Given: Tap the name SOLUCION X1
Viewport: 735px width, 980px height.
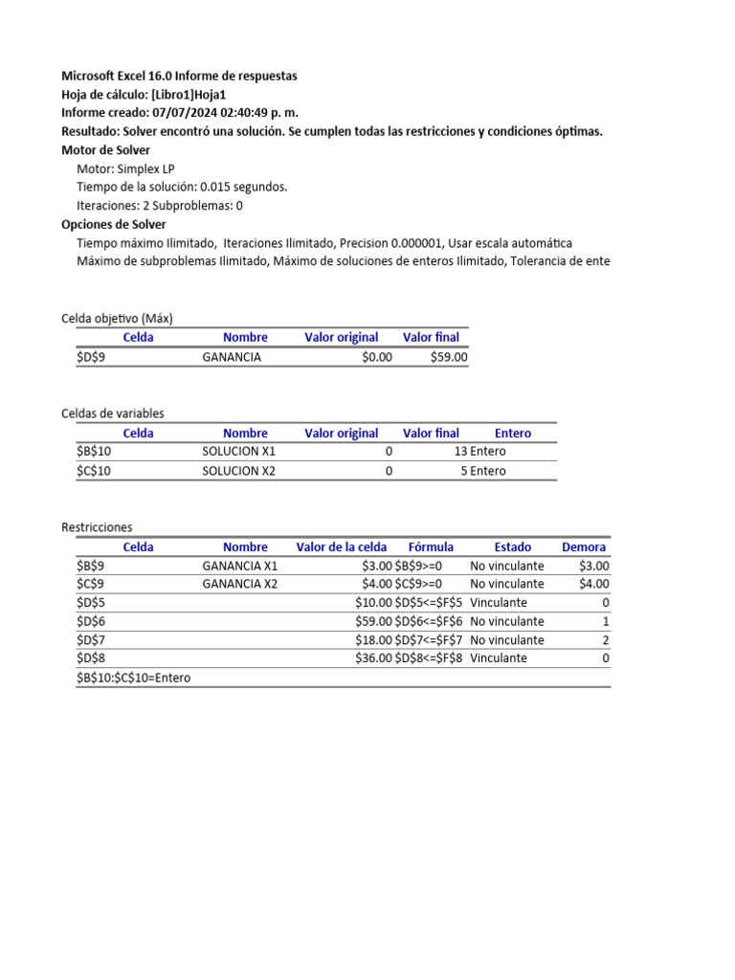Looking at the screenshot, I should [x=238, y=452].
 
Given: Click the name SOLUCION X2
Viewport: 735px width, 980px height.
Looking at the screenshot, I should [x=238, y=471].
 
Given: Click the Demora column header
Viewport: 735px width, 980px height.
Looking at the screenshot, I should [x=584, y=547].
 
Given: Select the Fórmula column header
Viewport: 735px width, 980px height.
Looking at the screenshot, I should [x=431, y=547].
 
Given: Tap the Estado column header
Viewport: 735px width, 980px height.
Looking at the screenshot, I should [x=512, y=547].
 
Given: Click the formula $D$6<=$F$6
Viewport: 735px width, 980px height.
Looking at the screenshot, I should [x=429, y=621].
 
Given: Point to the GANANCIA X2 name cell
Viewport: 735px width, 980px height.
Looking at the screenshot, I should [x=240, y=584].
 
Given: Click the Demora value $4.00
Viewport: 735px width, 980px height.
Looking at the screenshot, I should [x=593, y=584].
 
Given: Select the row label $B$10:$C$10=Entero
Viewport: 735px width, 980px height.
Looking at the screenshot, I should [x=133, y=678].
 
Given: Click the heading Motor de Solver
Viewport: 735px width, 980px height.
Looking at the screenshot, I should [x=105, y=150].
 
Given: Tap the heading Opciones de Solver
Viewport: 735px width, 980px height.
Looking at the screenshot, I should [x=113, y=225].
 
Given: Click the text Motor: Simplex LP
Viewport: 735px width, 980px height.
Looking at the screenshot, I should [x=125, y=168].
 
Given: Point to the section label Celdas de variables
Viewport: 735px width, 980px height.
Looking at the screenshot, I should [x=112, y=413].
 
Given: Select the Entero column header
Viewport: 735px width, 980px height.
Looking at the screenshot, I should [x=513, y=434].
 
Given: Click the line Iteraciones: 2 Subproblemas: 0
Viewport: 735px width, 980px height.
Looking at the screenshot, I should [x=160, y=206].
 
